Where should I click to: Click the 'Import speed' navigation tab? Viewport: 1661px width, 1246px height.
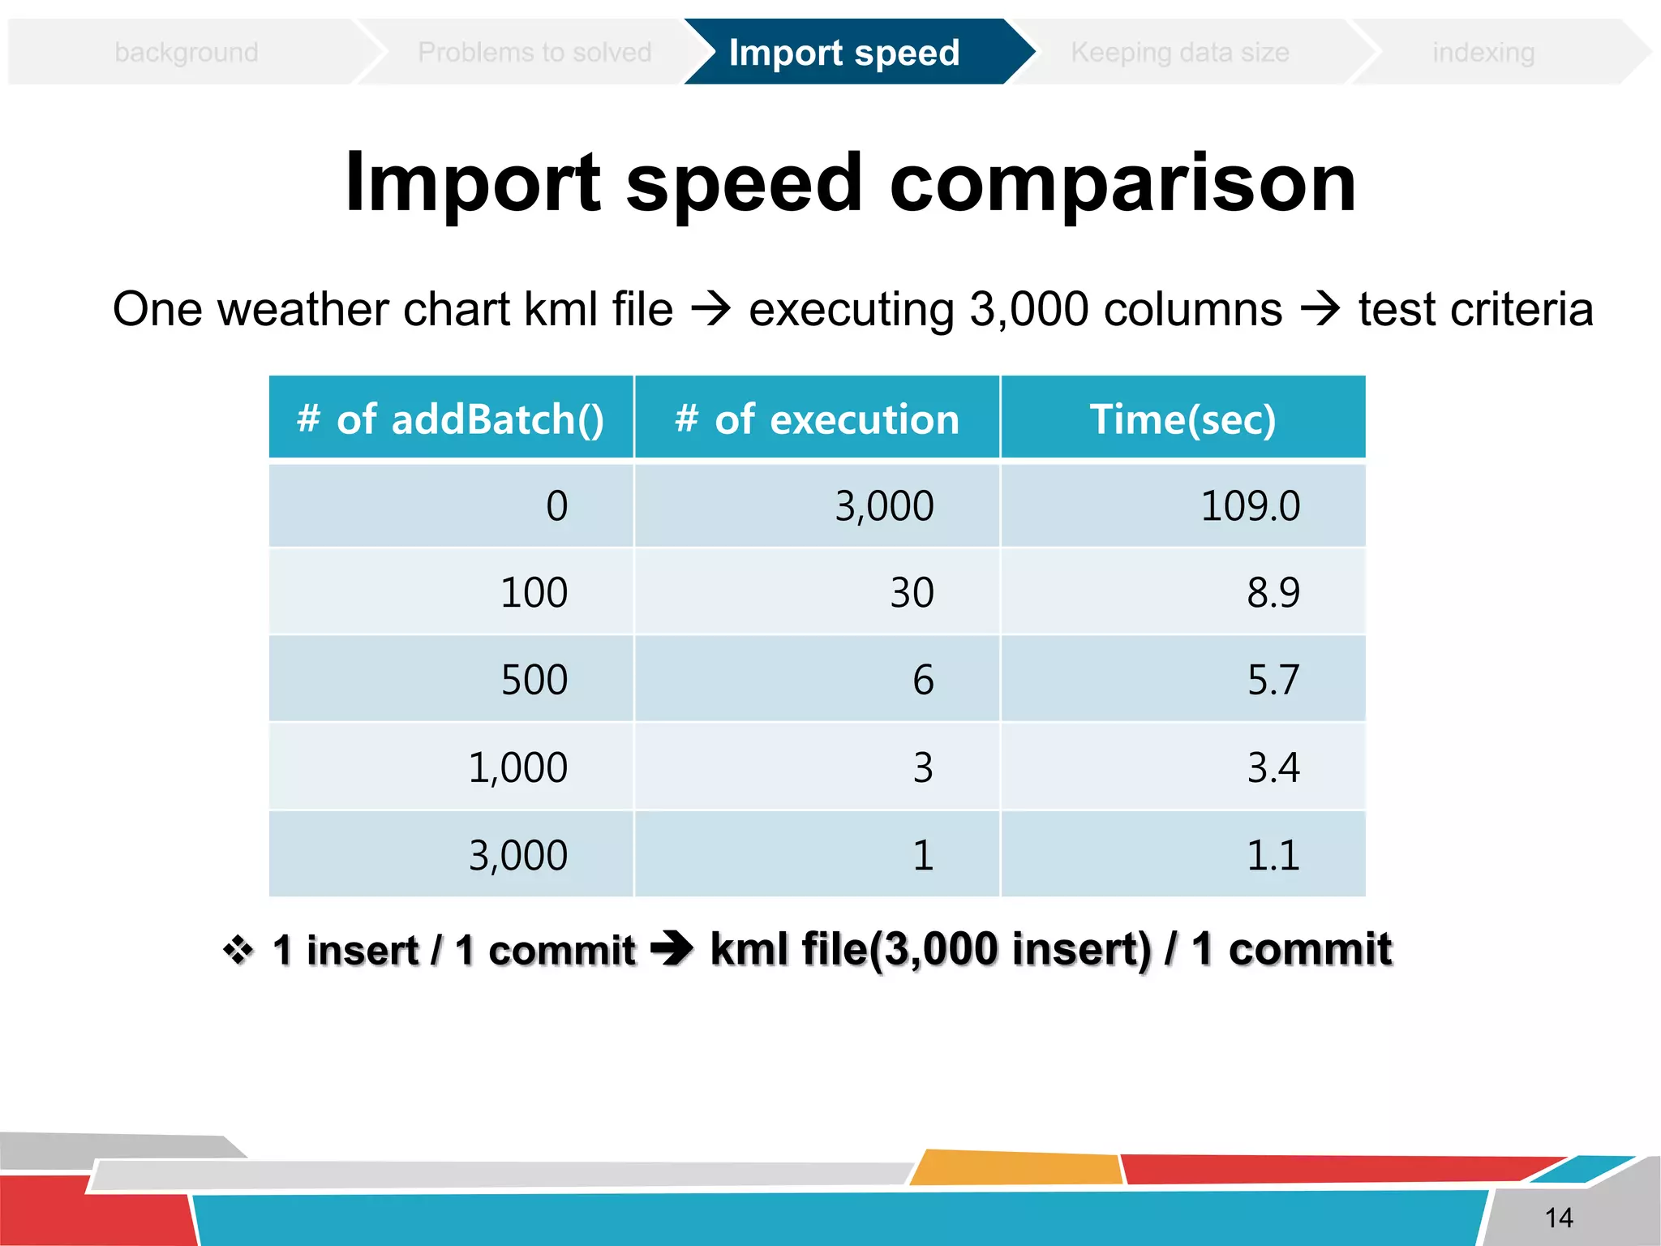pos(844,53)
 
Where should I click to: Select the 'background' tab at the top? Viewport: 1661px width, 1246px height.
pos(187,53)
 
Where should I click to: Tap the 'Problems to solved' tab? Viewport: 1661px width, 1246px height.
pos(534,53)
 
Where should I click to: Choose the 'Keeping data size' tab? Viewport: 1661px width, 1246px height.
pos(1179,53)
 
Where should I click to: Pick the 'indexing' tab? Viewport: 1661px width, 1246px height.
pos(1483,53)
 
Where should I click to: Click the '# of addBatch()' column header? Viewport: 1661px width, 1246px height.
pos(451,419)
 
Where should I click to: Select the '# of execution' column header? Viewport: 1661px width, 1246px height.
pos(817,419)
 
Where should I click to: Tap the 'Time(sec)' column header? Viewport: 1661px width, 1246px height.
pos(1182,419)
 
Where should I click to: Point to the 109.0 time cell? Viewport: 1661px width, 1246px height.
pos(1250,506)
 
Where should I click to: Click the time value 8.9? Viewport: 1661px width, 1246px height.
pos(1273,593)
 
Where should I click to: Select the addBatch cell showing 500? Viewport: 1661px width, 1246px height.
pos(534,680)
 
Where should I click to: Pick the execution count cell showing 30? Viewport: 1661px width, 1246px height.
pos(912,593)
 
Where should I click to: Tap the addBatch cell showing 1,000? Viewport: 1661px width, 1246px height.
pos(517,767)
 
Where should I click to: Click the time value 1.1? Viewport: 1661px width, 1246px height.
pos(1273,855)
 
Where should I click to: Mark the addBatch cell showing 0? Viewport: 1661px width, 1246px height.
pos(556,506)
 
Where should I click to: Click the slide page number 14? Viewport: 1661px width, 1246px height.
pos(1558,1218)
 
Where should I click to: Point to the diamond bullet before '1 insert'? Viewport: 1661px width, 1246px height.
pos(238,950)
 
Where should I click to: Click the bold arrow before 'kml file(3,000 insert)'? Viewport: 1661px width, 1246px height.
pos(672,948)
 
